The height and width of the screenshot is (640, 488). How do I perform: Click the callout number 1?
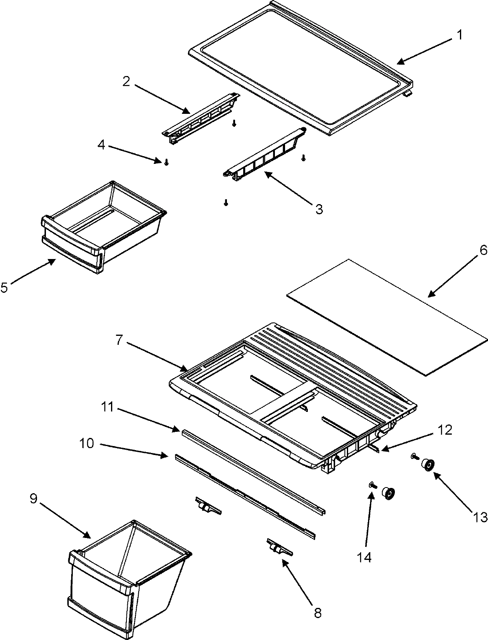459,35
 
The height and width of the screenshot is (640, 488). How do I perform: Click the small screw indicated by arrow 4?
166,163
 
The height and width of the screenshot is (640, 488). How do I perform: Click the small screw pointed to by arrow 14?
373,485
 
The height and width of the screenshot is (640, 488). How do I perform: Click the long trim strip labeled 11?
252,468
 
